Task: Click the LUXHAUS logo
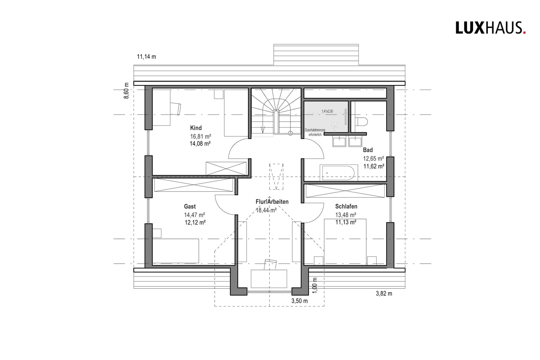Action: (x=490, y=28)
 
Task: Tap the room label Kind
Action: (x=196, y=128)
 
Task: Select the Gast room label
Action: (x=190, y=206)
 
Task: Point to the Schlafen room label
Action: (x=346, y=206)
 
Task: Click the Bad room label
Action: (x=368, y=150)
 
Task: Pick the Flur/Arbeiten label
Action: (x=272, y=201)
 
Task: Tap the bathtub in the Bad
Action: (x=339, y=173)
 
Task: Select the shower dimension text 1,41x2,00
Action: (x=327, y=111)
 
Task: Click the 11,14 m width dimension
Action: (x=146, y=57)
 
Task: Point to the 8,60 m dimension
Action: (x=127, y=91)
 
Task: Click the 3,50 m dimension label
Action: (x=299, y=301)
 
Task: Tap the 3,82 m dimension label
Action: (x=384, y=293)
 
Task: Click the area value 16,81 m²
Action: (x=200, y=137)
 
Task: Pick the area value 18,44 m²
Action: (x=266, y=210)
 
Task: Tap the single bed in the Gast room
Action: (x=175, y=250)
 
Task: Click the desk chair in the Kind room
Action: (x=175, y=109)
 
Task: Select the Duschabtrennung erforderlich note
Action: (x=315, y=132)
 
